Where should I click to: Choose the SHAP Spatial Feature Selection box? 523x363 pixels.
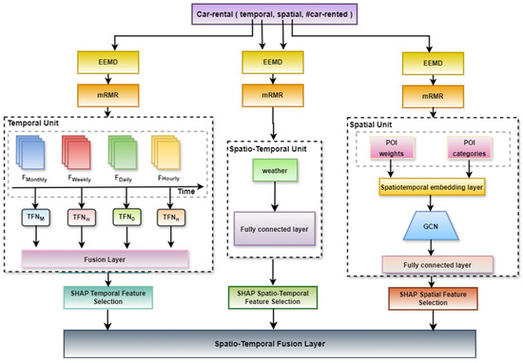coord(428,296)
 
